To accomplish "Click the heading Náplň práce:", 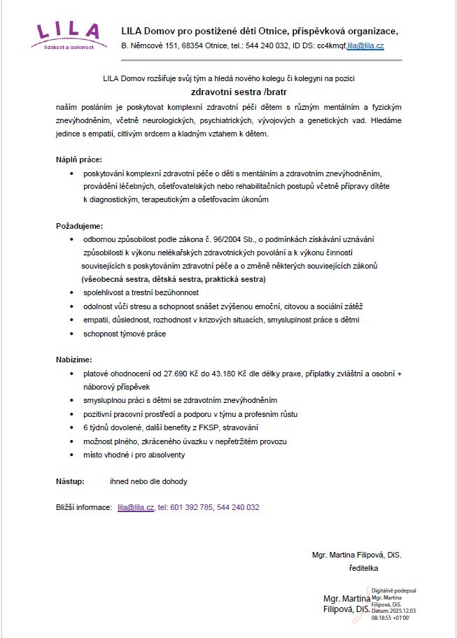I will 79,159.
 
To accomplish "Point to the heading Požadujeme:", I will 79,226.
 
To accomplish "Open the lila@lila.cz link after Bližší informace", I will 136,507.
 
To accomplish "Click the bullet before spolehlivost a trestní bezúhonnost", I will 72,293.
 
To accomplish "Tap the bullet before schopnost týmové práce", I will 72,334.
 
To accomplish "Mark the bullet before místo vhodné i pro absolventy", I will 72,455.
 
